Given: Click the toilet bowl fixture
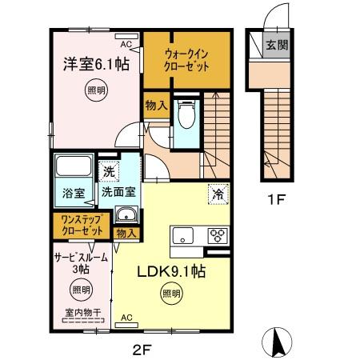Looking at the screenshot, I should pyautogui.click(x=186, y=116).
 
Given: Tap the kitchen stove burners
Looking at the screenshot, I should pyautogui.click(x=217, y=235).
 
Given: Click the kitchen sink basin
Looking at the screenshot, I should pyautogui.click(x=182, y=235).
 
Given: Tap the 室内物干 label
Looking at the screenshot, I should pyautogui.click(x=80, y=313).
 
